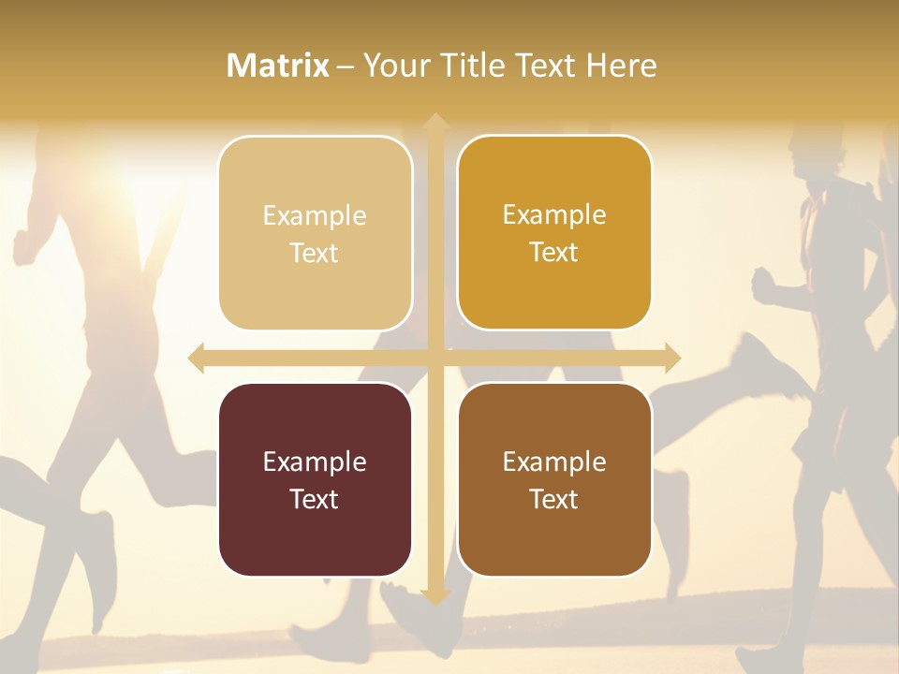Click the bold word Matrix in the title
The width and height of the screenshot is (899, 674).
[278, 66]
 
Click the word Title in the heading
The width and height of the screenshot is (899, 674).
[474, 66]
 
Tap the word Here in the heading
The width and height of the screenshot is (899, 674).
[622, 66]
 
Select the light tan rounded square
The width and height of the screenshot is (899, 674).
[315, 233]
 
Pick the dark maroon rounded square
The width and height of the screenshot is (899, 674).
[315, 479]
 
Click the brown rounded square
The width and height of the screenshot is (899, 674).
[554, 479]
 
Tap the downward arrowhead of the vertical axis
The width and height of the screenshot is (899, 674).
[435, 596]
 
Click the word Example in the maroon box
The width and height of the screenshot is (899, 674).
[315, 462]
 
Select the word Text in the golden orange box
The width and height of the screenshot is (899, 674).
[554, 252]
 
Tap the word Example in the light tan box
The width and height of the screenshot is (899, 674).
[315, 215]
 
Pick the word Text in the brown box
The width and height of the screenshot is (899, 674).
[554, 499]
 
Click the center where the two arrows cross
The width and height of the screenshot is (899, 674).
[435, 358]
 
